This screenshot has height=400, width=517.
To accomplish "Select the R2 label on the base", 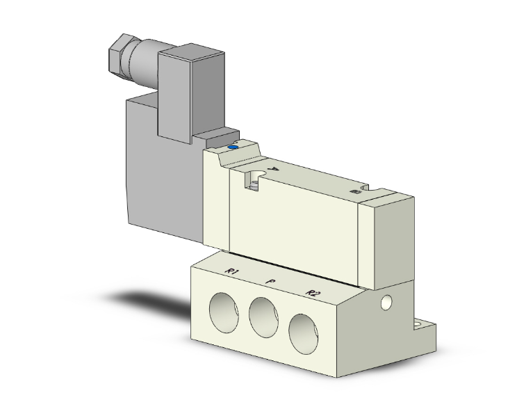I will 311,294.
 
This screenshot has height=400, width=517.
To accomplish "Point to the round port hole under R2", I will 306,333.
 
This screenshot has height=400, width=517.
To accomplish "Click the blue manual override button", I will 233,147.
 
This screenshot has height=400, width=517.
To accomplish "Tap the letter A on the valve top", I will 273,169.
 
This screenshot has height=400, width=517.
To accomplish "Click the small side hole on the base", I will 387,303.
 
